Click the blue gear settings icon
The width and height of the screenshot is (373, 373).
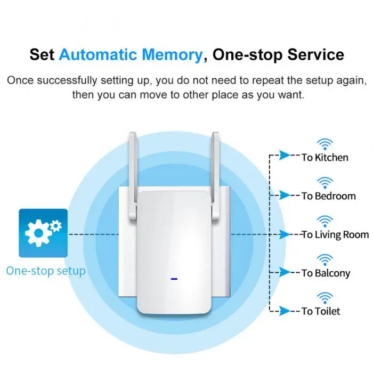click(x=43, y=233)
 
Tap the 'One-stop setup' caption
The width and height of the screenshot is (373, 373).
click(x=46, y=271)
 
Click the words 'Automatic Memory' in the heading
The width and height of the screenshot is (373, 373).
click(x=131, y=54)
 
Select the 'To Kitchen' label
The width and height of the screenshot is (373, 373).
click(x=325, y=157)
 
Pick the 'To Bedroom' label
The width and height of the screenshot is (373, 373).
click(x=328, y=196)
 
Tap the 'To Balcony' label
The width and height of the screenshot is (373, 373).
click(x=326, y=273)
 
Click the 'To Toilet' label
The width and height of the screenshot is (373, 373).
click(x=321, y=311)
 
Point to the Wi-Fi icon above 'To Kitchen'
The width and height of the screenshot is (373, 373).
click(x=325, y=143)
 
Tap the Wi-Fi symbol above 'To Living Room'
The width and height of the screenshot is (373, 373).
click(x=325, y=220)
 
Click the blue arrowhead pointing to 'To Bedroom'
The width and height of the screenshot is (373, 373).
click(x=286, y=196)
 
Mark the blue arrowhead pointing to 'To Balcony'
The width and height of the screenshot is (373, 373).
click(x=286, y=273)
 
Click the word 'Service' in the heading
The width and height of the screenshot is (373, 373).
click(x=316, y=54)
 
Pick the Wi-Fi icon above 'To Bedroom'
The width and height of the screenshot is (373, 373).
click(x=325, y=182)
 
